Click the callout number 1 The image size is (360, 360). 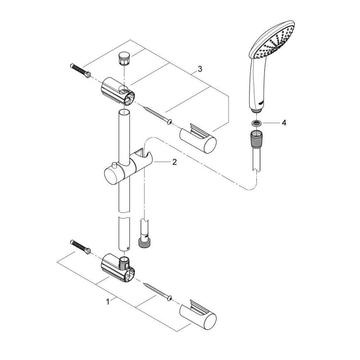pyautogui.click(x=108, y=302)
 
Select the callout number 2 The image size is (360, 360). pyautogui.click(x=175, y=163)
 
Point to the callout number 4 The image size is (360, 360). pyautogui.click(x=284, y=123)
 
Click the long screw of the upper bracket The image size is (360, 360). pyautogui.click(x=157, y=115)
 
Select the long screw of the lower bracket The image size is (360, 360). pyautogui.click(x=157, y=292)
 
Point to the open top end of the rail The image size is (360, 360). pyautogui.click(x=124, y=113)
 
